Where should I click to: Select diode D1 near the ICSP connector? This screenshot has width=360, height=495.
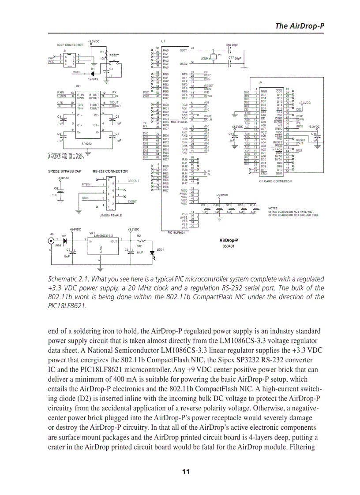(93, 73)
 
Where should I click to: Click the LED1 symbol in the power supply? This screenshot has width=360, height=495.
(152, 249)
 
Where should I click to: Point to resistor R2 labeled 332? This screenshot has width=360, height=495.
(139, 241)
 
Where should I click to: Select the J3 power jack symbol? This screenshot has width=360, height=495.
(51, 241)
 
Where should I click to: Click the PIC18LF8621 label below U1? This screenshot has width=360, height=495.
(176, 232)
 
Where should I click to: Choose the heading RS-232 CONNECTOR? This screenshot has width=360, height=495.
(110, 171)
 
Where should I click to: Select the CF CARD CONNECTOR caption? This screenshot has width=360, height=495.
(275, 181)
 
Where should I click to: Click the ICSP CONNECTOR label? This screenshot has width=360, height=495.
(70, 45)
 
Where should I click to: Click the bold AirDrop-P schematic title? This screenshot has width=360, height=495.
(229, 240)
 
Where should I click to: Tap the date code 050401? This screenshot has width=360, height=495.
(229, 247)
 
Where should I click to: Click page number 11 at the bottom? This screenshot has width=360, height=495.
(186, 472)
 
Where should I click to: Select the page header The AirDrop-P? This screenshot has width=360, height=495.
(300, 26)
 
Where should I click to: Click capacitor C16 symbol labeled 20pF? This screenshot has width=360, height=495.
(229, 49)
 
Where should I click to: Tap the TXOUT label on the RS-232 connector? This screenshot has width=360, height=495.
(132, 201)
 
